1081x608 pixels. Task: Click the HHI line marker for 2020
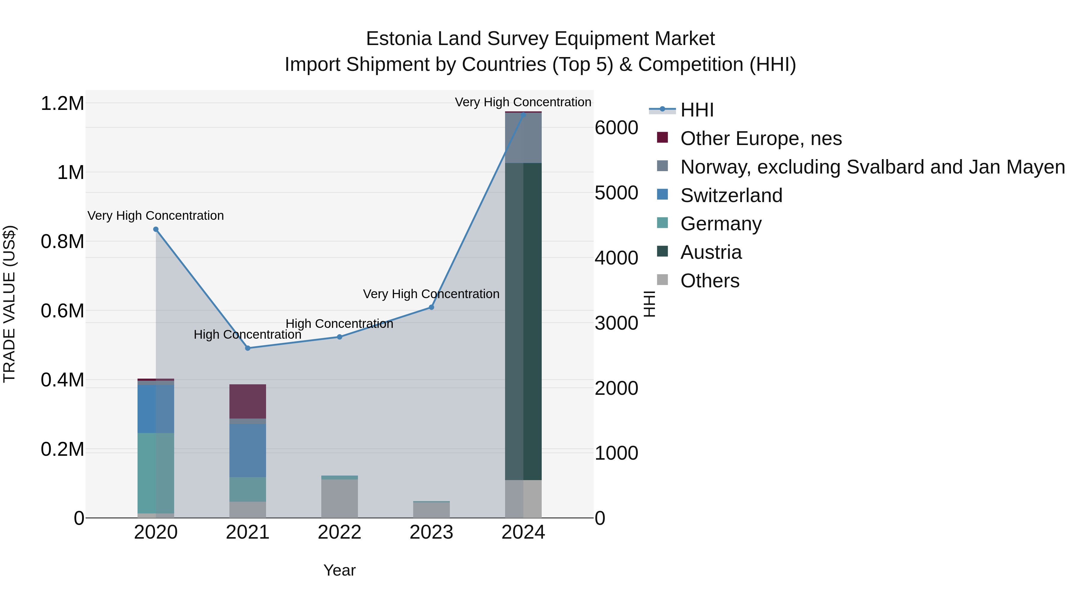156,229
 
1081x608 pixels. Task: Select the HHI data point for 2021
248,348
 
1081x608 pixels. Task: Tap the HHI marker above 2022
340,337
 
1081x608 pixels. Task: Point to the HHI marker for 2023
431,307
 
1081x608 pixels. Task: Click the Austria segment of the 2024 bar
523,321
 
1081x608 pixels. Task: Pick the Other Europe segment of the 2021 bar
248,401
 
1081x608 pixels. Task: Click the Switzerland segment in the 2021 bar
248,450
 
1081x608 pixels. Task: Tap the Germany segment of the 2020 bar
156,473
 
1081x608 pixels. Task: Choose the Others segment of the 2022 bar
340,498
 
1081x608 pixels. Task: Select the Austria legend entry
711,252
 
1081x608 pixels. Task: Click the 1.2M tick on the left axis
62,104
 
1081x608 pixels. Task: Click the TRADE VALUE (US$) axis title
9,304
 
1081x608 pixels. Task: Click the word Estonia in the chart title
399,39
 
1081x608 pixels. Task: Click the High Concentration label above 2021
248,335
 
